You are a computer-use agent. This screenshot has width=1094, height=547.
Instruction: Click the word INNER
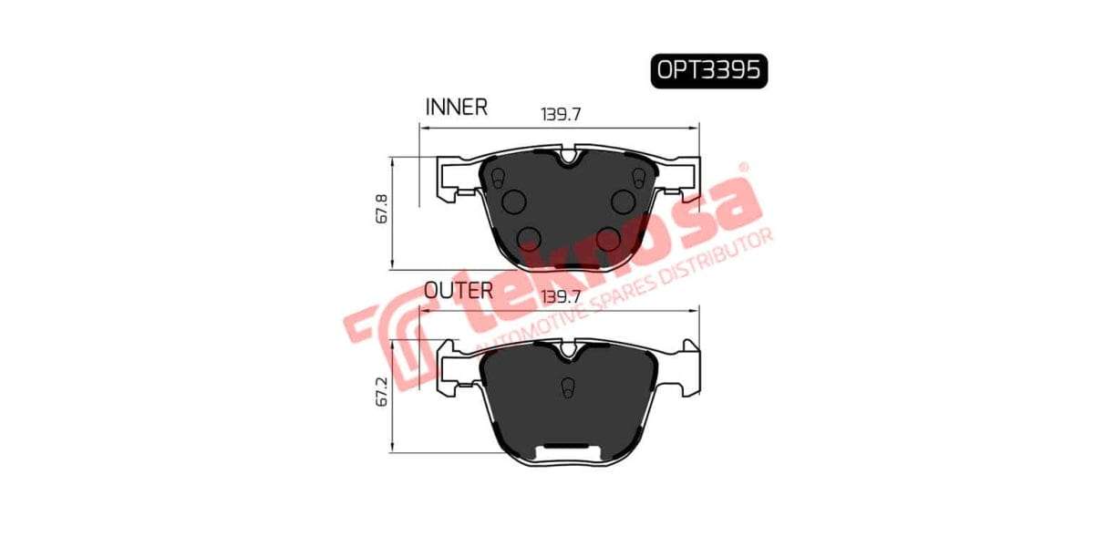[x=457, y=107]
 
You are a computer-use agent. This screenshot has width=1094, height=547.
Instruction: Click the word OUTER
[x=459, y=291]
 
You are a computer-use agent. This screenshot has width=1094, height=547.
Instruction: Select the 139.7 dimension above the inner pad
[x=561, y=115]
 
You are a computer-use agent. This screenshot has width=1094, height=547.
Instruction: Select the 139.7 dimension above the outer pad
[x=561, y=297]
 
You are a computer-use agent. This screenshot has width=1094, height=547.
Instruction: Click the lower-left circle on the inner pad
[x=529, y=239]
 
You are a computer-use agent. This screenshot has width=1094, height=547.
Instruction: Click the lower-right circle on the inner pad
[x=607, y=239]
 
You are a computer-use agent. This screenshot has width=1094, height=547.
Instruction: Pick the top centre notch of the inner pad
[x=568, y=157]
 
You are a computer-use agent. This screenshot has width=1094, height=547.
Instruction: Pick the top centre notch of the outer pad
[x=568, y=347]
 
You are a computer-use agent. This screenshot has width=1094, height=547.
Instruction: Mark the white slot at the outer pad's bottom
[x=567, y=449]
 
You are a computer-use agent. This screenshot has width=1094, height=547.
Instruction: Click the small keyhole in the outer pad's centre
[x=567, y=388]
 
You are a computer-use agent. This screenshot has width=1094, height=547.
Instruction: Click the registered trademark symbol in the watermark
[x=743, y=168]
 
